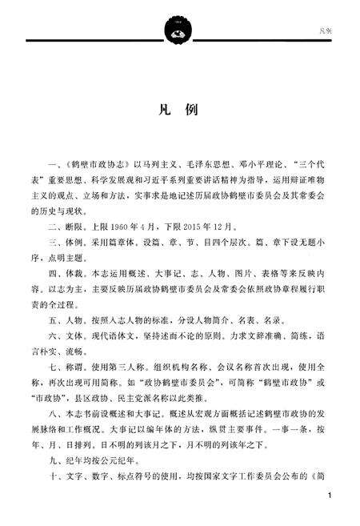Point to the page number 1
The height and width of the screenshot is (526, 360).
330,497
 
